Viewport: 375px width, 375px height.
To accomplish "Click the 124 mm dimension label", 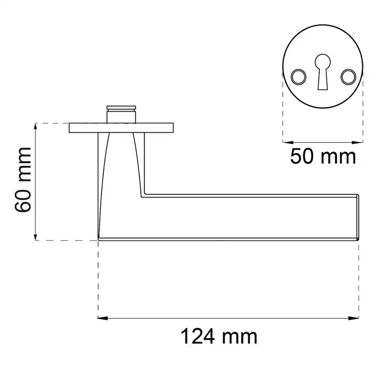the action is coord(219,337).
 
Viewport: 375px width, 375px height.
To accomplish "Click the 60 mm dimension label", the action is coord(23,180).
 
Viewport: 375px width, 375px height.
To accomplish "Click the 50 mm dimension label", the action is coord(323,157).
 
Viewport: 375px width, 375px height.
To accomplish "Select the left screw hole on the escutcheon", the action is coord(298,77).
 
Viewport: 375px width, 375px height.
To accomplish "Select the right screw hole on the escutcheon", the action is coord(348,77).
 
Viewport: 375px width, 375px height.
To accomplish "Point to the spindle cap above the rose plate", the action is coord(121,114).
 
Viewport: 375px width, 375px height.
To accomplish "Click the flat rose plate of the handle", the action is coord(121,128).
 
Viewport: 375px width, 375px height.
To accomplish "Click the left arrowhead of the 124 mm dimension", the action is coord(103,318).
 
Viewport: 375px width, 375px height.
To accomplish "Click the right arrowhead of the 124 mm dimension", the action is coord(354,318).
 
